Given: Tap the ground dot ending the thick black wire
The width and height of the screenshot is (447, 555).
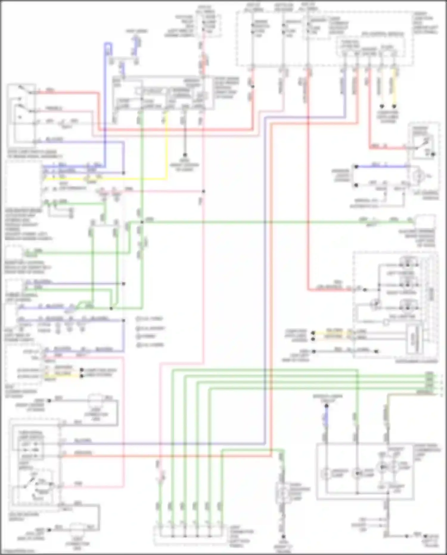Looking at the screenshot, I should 185,155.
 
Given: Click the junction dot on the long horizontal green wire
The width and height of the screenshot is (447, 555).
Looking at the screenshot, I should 142,222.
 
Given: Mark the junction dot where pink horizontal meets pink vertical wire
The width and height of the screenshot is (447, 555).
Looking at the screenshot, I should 204,191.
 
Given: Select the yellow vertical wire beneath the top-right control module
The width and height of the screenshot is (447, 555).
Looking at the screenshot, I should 395,86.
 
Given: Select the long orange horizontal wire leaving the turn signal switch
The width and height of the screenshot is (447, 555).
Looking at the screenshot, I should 167,456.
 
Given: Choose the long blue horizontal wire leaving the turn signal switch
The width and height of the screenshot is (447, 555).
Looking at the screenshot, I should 164,444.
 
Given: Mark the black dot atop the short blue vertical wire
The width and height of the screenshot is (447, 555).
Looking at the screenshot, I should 326,406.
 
